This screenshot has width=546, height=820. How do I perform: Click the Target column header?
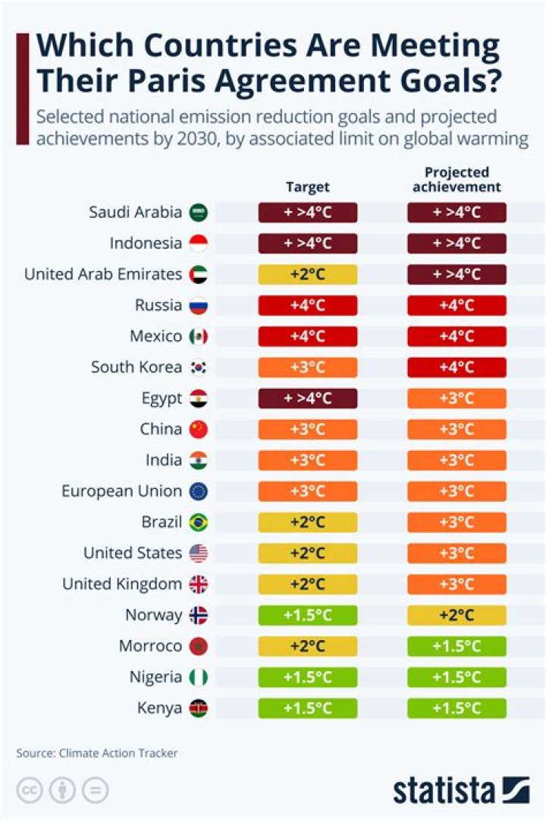307,187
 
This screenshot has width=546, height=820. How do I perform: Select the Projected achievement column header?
457,180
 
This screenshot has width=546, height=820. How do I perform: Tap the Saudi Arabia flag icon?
198,213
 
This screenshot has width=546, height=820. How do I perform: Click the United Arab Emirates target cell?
307,274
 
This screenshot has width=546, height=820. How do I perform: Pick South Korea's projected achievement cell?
457,367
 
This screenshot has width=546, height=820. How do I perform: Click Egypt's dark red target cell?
307,399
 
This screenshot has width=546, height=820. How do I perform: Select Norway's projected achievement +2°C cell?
457,615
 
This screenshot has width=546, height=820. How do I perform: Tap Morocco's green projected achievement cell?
457,646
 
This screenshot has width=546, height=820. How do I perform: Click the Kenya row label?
159,708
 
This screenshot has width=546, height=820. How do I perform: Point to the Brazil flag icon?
198,522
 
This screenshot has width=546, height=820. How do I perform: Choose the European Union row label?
121,491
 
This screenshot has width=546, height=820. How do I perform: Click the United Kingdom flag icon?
198,585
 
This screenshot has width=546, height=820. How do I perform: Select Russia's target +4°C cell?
307,305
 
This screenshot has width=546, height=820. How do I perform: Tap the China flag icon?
198,430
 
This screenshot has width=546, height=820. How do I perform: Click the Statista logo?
460,790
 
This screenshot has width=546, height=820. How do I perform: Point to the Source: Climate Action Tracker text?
97,753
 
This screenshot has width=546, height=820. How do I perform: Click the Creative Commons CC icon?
29,790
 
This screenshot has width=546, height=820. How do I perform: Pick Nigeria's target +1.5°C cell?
307,677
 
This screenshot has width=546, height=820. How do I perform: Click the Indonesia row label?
146,244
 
